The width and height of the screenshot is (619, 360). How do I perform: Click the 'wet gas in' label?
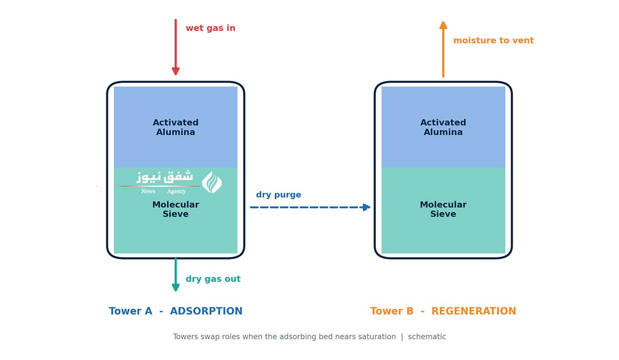click(210, 28)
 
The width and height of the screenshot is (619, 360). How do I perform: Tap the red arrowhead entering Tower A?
click(176, 71)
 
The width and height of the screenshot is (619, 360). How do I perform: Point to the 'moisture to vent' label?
click(494, 40)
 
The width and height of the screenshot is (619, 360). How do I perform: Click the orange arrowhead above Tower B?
click(443, 26)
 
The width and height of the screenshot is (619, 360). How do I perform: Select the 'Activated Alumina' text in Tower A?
click(176, 127)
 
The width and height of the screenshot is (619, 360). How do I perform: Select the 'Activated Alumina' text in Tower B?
click(443, 127)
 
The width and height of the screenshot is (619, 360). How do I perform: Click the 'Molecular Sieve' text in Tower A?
click(176, 209)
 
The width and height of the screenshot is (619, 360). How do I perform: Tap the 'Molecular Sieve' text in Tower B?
click(443, 209)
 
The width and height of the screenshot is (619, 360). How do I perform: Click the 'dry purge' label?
click(279, 195)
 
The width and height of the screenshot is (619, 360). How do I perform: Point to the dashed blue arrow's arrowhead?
click(367, 207)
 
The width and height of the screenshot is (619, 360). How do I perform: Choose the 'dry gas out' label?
click(213, 279)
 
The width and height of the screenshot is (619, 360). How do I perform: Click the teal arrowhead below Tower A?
click(176, 287)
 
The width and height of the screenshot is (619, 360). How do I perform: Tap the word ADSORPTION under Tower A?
click(206, 311)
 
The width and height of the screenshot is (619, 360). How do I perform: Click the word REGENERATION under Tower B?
click(473, 311)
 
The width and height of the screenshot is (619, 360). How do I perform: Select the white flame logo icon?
click(212, 182)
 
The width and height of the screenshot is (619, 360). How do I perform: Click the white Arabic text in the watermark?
click(165, 177)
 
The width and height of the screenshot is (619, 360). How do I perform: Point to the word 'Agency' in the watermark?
click(177, 191)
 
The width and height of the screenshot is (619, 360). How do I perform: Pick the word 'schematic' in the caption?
click(427, 337)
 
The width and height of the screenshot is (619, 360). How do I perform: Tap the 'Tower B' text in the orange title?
click(392, 311)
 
